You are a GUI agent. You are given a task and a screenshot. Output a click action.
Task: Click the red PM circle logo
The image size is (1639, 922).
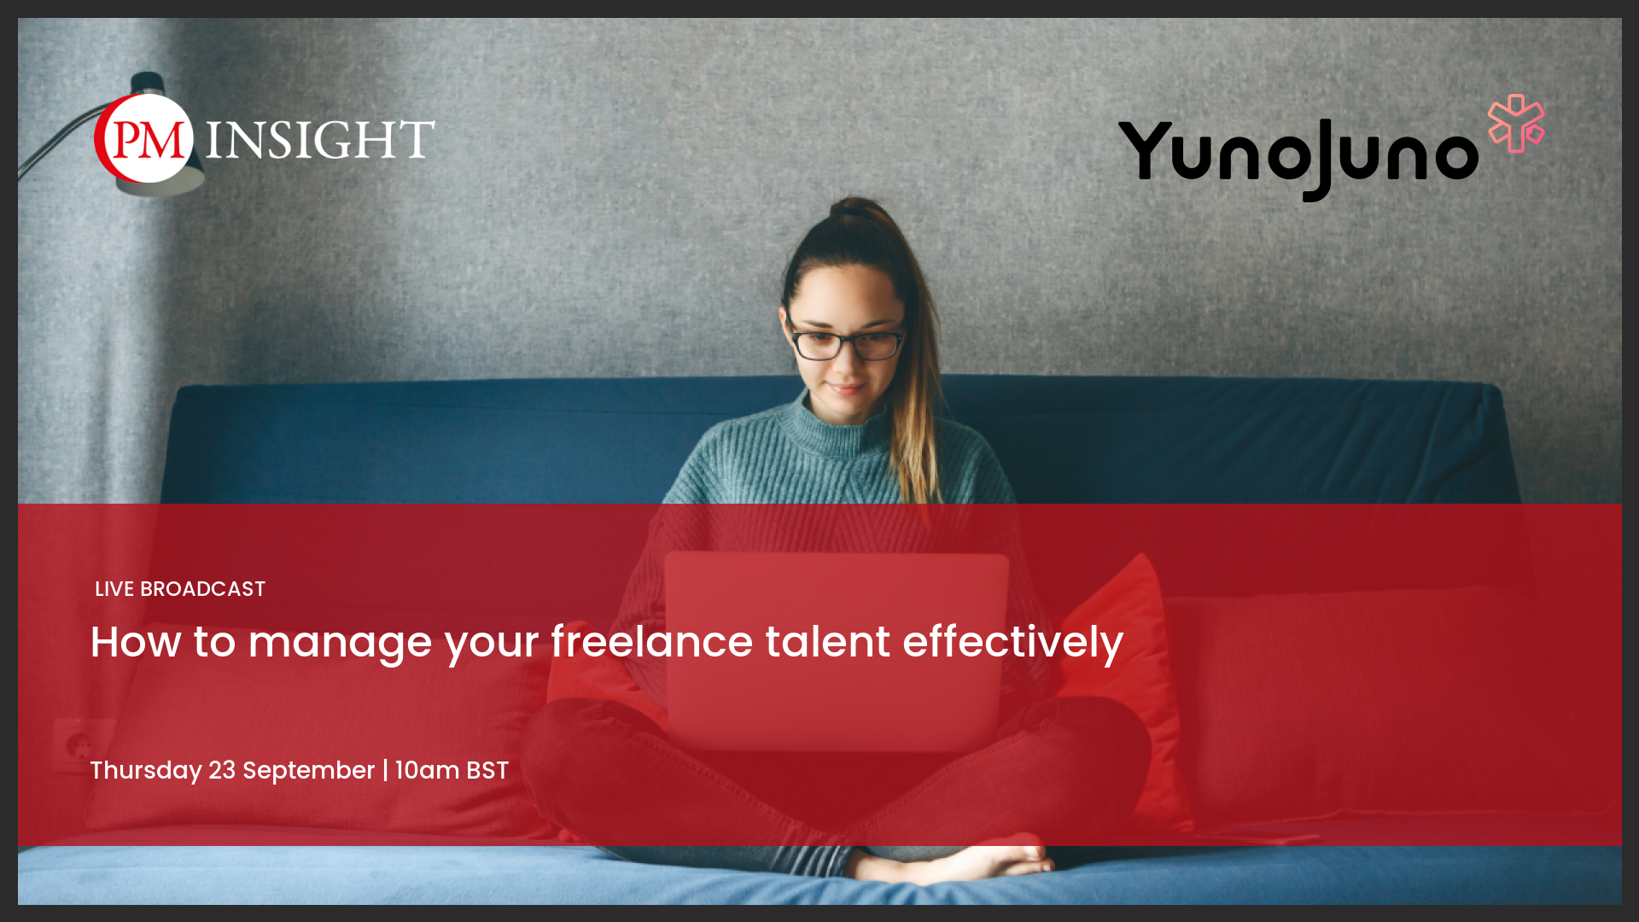(x=143, y=138)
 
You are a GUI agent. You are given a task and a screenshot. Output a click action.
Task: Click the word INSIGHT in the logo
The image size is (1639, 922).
(x=320, y=140)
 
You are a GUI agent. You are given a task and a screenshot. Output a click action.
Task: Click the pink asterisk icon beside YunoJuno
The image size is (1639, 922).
(x=1516, y=124)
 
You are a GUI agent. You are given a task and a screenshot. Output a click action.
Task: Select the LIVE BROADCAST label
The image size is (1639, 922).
(x=180, y=589)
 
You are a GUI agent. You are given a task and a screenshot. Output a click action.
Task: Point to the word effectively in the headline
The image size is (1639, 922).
(x=1013, y=643)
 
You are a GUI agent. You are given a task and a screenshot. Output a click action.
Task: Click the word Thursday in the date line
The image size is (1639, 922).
(x=146, y=771)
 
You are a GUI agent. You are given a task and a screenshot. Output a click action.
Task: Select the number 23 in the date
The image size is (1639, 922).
(x=222, y=770)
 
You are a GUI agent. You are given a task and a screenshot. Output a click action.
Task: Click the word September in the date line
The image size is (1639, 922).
(x=309, y=772)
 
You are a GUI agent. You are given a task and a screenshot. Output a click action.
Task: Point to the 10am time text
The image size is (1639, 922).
(x=427, y=770)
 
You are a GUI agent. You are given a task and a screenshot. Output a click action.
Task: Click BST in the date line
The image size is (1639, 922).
(x=487, y=770)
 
